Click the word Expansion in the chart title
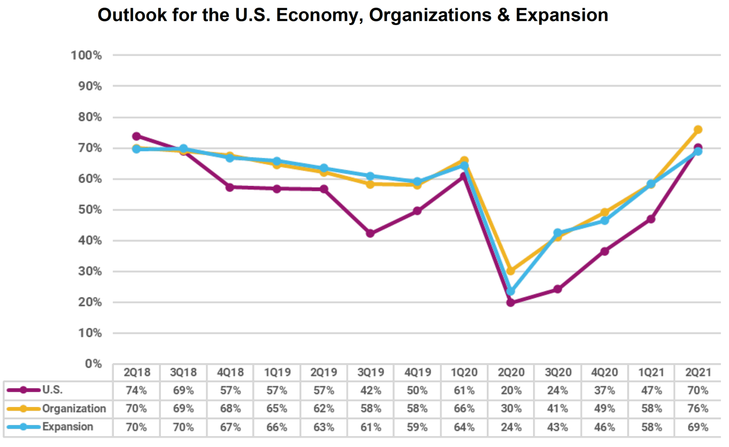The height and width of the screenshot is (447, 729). (x=561, y=15)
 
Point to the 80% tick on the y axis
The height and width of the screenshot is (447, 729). (x=90, y=117)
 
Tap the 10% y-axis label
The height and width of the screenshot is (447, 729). (x=90, y=333)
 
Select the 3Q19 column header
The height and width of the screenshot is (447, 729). (x=370, y=372)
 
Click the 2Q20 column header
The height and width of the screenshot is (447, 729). (x=511, y=372)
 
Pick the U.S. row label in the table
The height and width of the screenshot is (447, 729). (x=52, y=390)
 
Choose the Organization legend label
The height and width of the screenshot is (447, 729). (x=74, y=409)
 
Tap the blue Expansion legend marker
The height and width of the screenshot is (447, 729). (x=23, y=427)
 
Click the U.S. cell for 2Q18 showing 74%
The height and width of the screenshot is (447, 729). (x=136, y=390)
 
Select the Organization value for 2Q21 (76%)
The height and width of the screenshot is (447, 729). (x=698, y=409)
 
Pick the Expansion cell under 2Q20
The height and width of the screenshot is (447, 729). (x=511, y=427)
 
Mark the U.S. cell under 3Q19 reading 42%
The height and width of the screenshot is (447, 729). (x=370, y=390)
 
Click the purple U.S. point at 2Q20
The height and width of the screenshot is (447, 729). (x=511, y=302)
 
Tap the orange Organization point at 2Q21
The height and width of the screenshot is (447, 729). (x=698, y=130)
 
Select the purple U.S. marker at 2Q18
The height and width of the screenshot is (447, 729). (x=136, y=136)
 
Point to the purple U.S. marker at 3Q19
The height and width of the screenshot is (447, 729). (x=370, y=233)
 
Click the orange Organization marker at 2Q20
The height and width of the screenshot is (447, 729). (x=511, y=271)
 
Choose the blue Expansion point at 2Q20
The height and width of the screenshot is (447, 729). (x=511, y=291)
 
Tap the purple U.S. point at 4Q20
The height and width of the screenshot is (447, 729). (x=605, y=251)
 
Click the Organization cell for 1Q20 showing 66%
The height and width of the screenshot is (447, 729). (x=464, y=409)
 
